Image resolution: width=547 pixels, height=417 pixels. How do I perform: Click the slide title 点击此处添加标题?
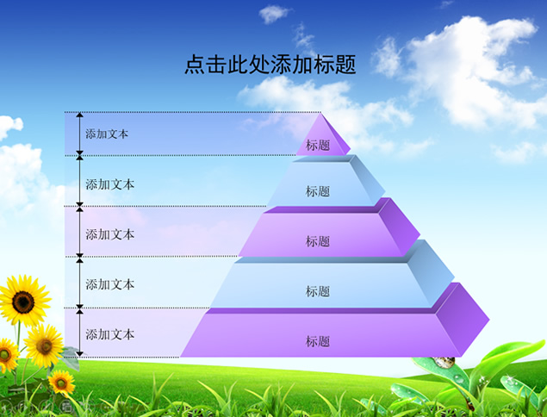point(270,65)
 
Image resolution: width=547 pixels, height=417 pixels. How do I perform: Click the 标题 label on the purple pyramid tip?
point(318,145)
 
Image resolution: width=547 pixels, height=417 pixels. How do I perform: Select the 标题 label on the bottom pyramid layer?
point(318,341)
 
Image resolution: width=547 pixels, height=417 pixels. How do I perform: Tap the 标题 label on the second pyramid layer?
point(318,191)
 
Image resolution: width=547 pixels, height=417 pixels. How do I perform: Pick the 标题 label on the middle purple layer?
point(318,241)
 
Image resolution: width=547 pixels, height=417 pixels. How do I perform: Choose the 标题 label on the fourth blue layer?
point(318,291)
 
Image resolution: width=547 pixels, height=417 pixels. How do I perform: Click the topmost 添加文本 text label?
point(107,134)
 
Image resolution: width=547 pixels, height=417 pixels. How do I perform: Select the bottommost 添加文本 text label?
point(110,334)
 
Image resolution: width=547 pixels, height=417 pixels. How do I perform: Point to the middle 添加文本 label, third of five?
point(110,234)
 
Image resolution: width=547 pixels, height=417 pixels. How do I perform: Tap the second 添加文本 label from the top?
point(110,184)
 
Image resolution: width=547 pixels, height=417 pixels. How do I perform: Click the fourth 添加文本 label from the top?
point(110,284)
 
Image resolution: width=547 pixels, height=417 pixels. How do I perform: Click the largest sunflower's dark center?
point(23,302)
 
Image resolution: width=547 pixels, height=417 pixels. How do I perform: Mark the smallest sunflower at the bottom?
point(61,383)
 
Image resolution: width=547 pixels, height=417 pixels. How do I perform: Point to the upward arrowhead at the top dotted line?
point(80,115)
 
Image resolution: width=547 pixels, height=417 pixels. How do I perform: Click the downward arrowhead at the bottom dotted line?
point(80,354)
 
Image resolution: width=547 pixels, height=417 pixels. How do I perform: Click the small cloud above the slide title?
point(274,14)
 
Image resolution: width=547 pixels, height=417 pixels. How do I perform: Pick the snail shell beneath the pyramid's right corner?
point(444,362)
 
